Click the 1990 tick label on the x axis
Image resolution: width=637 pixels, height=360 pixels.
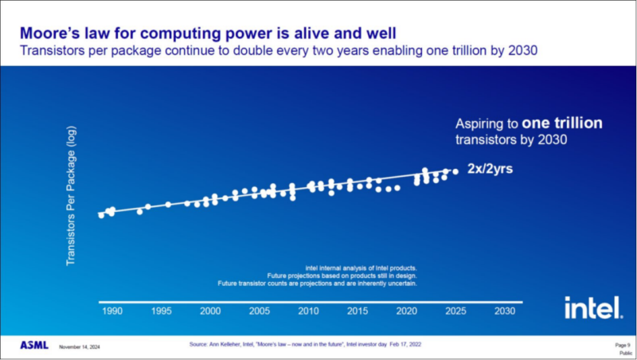coord(111,311)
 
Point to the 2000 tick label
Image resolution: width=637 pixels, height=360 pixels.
coord(209,311)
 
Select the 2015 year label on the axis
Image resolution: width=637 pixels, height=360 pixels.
coord(358,311)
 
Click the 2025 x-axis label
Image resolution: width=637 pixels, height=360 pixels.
coord(455,311)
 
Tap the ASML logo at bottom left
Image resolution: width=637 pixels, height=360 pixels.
coord(34,346)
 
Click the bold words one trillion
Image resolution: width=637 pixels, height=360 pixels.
coord(562,123)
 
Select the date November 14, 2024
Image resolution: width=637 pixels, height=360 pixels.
coord(80,346)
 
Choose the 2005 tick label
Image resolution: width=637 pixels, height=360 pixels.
coord(259,311)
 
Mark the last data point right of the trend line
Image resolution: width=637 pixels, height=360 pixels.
coord(455,171)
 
